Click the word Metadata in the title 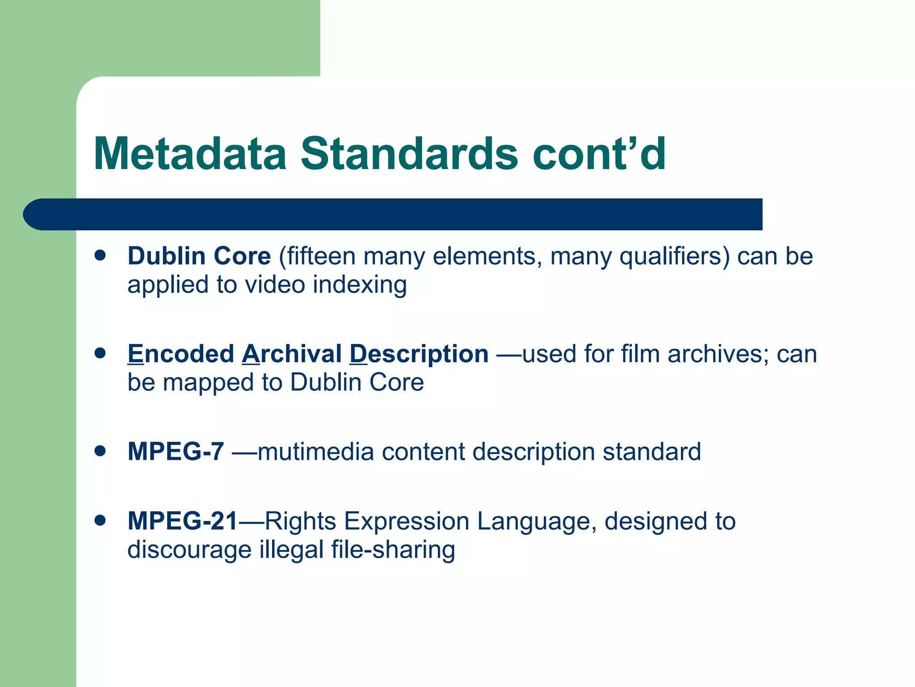click(190, 154)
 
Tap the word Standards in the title click(409, 154)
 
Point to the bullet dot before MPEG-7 click(100, 451)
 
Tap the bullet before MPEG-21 click(100, 520)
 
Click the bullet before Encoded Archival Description click(100, 353)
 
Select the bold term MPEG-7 click(176, 451)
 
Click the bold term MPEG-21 click(182, 521)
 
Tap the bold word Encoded click(180, 354)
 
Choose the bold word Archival click(292, 354)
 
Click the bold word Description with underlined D click(419, 355)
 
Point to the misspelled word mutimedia click(315, 452)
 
